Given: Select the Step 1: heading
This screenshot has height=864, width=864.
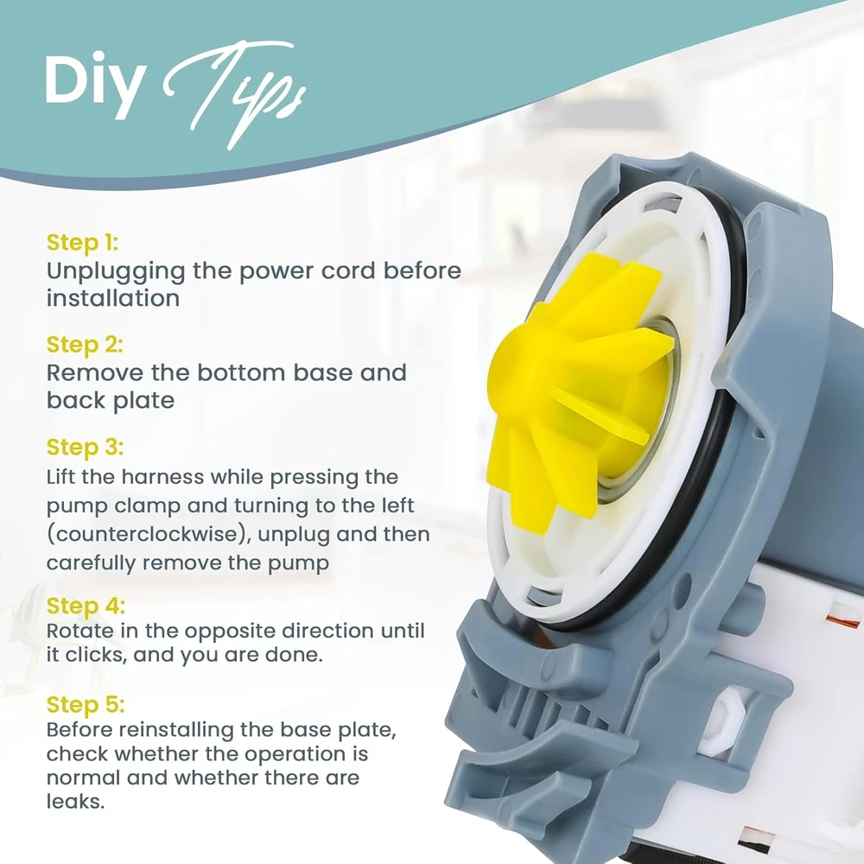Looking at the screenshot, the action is (x=82, y=243).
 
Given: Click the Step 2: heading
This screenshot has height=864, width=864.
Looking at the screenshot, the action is (x=85, y=345).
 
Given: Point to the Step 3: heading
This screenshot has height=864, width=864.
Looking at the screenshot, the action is (x=85, y=447).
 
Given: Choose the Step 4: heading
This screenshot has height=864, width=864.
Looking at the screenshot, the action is (x=86, y=606).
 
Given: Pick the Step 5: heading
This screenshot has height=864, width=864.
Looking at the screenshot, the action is (x=86, y=704).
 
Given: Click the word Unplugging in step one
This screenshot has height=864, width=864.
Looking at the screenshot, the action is (x=116, y=272).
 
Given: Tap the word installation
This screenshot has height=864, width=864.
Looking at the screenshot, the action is (x=113, y=298).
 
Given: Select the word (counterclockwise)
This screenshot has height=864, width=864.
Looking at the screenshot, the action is (x=149, y=535).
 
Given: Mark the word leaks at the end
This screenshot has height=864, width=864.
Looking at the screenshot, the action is (x=75, y=801).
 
